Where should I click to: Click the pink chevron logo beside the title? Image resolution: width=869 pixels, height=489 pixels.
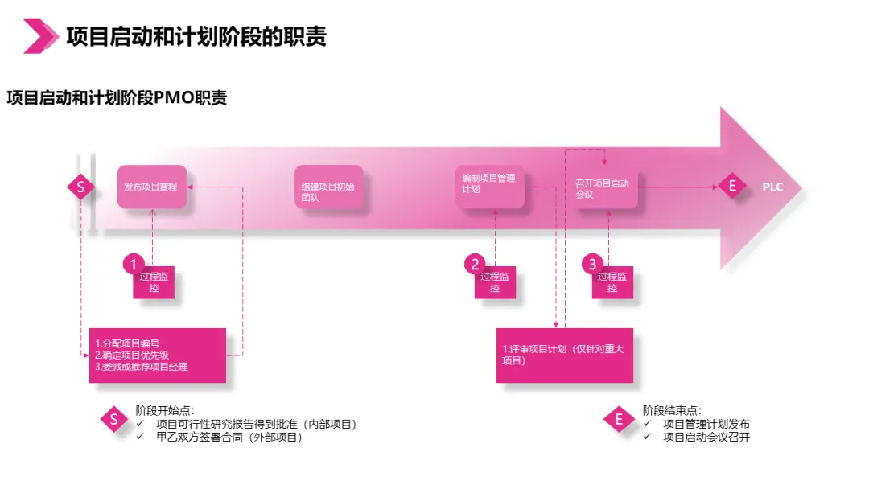tap(40, 36)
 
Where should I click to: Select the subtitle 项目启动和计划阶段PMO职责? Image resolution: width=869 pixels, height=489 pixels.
tap(117, 98)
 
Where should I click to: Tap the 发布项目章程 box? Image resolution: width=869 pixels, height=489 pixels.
tap(151, 187)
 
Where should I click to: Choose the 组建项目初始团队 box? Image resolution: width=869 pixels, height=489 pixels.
tap(328, 187)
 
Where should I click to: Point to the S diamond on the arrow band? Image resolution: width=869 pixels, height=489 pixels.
tap(80, 187)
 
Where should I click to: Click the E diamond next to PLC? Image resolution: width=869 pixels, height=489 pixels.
tap(731, 187)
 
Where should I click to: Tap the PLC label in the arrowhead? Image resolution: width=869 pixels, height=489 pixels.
tap(772, 187)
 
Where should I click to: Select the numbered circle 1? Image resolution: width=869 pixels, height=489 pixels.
tap(134, 264)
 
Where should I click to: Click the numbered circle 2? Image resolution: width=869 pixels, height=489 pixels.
tap(476, 264)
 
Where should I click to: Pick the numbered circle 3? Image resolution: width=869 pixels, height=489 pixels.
tap(593, 264)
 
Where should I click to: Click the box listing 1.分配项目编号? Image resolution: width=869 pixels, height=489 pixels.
tap(157, 355)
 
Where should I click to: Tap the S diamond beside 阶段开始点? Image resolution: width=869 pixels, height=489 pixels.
tap(114, 419)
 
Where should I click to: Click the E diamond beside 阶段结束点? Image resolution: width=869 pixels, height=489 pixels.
tap(619, 419)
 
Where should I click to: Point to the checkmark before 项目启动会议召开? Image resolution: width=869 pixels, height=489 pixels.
tap(649, 437)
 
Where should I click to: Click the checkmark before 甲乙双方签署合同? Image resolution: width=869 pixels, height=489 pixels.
tap(141, 437)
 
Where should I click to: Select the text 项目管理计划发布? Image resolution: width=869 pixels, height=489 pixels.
tap(706, 425)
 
